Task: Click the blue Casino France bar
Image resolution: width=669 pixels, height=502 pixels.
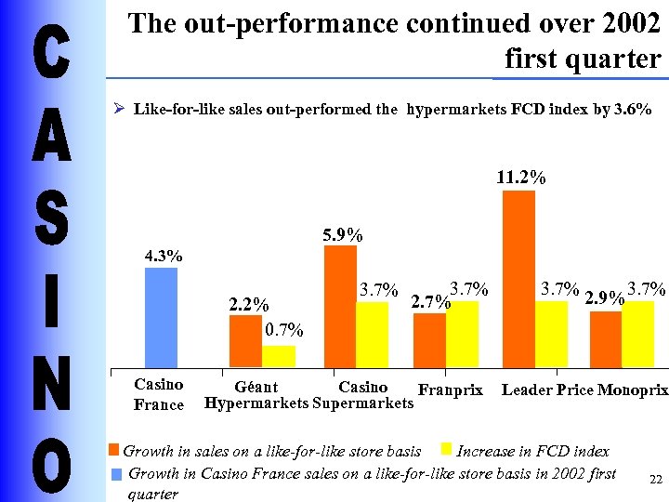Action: tap(161, 317)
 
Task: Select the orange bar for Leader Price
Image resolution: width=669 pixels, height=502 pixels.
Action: tap(518, 279)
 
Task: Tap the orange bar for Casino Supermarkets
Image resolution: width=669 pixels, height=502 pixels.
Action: tap(340, 307)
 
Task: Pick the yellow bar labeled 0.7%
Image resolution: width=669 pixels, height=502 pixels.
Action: tap(278, 356)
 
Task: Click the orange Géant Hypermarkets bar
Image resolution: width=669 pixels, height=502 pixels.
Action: tap(245, 341)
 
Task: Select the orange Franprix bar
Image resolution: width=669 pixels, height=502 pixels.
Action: tap(429, 340)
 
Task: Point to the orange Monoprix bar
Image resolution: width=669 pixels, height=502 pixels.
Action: tap(606, 339)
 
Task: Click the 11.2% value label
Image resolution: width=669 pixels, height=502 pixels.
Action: tap(521, 177)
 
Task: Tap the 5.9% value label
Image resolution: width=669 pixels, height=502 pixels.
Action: tap(343, 236)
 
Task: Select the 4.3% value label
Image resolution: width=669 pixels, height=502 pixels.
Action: tap(163, 256)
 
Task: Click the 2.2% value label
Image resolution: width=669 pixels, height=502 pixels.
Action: tap(249, 305)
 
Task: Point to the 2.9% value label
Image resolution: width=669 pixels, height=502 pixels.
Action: tap(604, 297)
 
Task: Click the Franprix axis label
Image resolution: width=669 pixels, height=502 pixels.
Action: tap(451, 390)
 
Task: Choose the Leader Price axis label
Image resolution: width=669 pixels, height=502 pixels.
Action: tap(547, 390)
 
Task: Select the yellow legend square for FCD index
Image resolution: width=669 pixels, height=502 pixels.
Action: tap(446, 450)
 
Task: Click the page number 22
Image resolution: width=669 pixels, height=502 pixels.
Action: tap(655, 480)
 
